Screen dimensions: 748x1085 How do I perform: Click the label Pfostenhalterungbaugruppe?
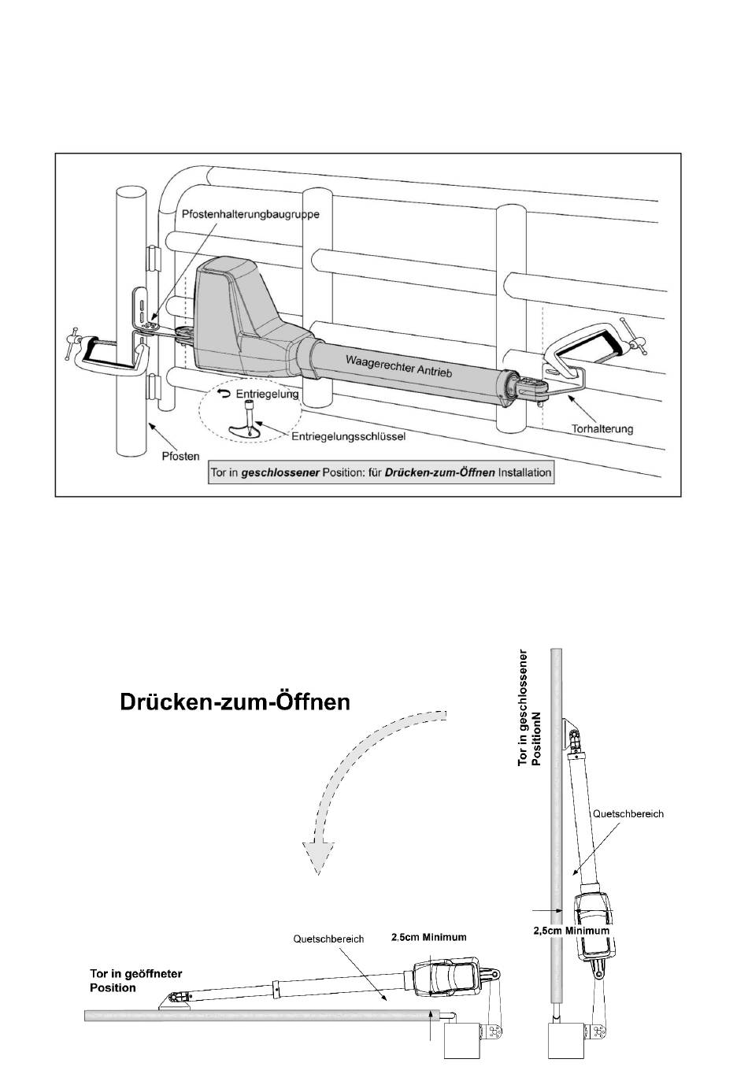pos(250,213)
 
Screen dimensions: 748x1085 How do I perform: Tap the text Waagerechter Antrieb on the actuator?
pos(398,365)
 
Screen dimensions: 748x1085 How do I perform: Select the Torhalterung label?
pos(602,428)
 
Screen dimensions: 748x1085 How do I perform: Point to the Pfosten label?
pos(180,456)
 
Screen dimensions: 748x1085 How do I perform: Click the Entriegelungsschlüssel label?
pos(348,436)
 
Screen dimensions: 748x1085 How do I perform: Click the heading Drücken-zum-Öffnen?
pos(235,702)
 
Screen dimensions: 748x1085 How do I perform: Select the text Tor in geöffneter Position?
pos(135,981)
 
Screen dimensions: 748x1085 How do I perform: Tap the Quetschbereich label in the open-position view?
pos(328,939)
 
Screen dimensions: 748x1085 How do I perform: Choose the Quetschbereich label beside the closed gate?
pos(628,814)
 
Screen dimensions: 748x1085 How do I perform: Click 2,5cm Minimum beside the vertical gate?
pos(571,931)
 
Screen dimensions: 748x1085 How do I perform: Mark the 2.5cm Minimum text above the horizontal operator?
pos(429,937)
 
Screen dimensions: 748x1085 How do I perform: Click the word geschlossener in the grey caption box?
pos(280,472)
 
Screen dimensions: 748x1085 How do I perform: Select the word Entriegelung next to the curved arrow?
pos(267,394)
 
